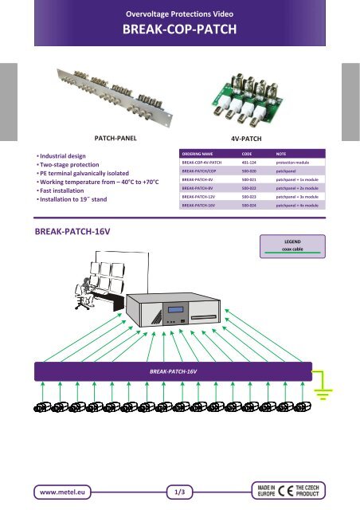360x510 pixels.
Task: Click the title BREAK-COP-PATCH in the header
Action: (x=179, y=29)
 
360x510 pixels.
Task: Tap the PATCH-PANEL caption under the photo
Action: (x=115, y=138)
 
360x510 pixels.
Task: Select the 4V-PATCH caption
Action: (x=246, y=139)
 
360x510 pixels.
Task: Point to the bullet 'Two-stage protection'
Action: (x=69, y=165)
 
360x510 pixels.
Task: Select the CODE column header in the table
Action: (x=247, y=154)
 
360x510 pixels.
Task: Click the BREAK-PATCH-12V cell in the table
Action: (x=198, y=197)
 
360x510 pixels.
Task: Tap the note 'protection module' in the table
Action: (x=292, y=163)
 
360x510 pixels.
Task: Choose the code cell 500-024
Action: (x=248, y=206)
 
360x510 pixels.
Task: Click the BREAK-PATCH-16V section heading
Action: (x=72, y=232)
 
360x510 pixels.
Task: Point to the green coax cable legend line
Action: (x=292, y=253)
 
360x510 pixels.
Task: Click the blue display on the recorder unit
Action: (x=175, y=310)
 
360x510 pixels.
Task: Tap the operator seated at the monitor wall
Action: (x=84, y=293)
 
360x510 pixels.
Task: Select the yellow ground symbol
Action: (x=323, y=386)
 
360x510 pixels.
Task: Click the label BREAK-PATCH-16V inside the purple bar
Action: (x=173, y=371)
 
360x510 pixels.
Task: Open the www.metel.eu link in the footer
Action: (x=62, y=492)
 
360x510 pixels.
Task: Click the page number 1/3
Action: (x=179, y=492)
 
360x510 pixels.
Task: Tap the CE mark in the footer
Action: (x=285, y=491)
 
